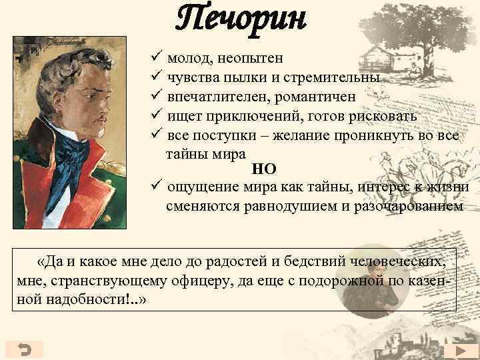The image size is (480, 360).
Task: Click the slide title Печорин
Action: (x=241, y=19)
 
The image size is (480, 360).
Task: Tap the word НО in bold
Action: (x=263, y=169)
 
